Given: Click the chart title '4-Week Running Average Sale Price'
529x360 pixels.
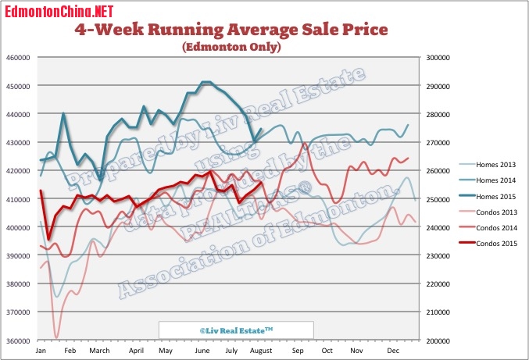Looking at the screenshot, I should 231,30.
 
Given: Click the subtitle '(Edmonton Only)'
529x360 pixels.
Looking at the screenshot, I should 231,48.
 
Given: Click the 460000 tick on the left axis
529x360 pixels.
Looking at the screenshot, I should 16,57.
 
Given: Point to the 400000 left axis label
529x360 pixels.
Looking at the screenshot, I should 16,227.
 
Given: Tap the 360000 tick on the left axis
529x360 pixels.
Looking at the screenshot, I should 16,341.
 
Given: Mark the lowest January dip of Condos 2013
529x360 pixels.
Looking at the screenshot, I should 56,337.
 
